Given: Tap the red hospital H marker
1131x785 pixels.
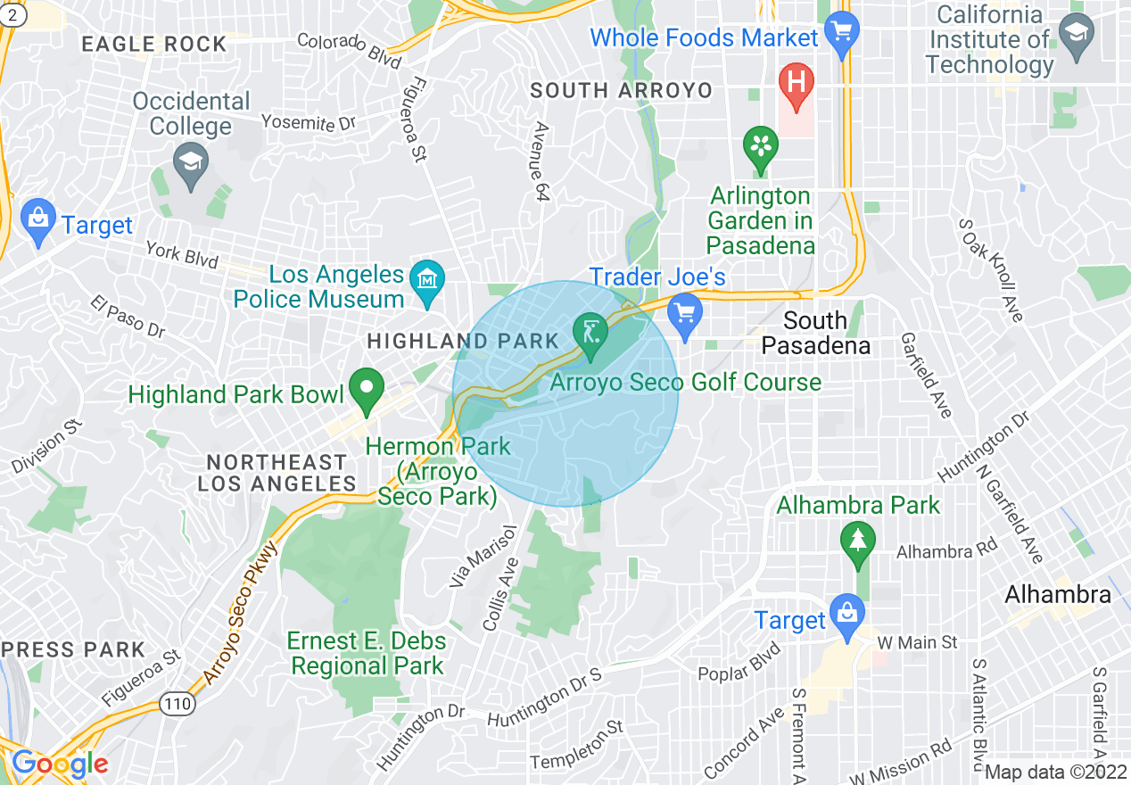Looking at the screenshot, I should [797, 83].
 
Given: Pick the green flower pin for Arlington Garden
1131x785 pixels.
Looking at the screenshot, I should [761, 147].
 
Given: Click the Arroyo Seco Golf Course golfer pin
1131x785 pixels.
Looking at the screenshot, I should [590, 333].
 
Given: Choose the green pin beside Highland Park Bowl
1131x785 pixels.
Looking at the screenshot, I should [366, 390].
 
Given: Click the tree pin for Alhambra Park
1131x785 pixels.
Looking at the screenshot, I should [857, 542].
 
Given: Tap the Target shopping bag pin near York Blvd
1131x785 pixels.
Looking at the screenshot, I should [37, 221].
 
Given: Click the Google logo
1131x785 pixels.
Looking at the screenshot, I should [60, 764].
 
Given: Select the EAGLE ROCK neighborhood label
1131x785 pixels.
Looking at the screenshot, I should [154, 44].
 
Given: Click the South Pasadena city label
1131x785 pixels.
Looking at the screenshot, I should [816, 333].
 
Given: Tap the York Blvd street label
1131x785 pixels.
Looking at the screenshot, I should [183, 254].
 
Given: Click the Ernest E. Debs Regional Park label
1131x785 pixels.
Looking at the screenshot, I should [367, 653].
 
